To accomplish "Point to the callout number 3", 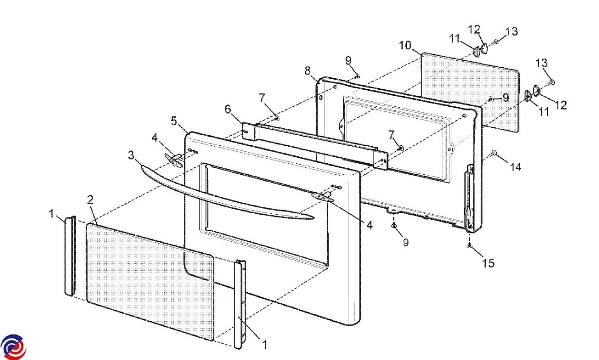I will pos(131,155).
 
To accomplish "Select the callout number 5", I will pos(174,120).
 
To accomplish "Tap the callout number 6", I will pos(228,109).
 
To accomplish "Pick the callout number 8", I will pos(308,71).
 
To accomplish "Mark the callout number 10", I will pos(405,46).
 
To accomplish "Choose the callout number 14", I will pos(515,168).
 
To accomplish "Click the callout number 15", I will pos(489,263).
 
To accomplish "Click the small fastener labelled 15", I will pos(470,246).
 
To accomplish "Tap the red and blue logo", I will pos(13,346).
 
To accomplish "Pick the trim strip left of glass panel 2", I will pos(70,255).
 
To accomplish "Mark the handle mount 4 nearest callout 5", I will pos(173,159).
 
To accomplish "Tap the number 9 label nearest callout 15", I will pos(405,242).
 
